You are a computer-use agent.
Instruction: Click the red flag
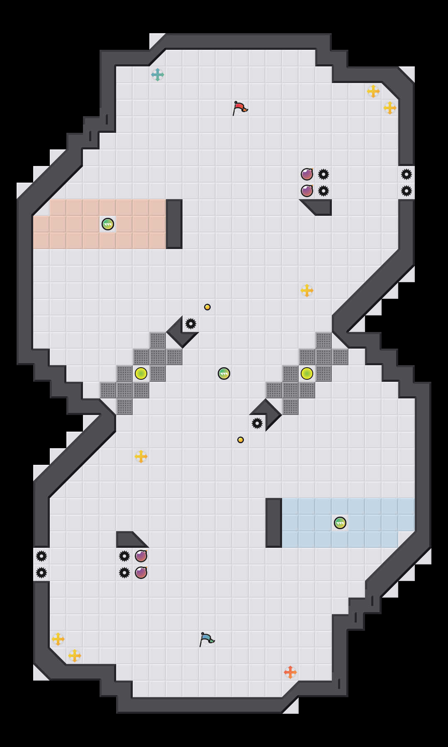(x=240, y=108)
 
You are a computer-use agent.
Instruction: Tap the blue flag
(x=207, y=639)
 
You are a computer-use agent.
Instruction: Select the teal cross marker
(x=158, y=75)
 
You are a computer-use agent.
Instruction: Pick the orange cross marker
(x=290, y=672)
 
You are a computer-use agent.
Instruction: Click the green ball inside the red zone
(x=108, y=224)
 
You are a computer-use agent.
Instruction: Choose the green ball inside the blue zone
(x=340, y=523)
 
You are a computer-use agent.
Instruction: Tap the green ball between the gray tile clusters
(x=224, y=373)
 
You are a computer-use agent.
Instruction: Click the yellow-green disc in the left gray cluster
(x=141, y=373)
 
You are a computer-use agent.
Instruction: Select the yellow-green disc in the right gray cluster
(x=307, y=373)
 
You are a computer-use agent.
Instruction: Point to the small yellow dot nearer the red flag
(x=207, y=307)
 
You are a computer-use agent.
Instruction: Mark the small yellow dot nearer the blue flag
(x=241, y=440)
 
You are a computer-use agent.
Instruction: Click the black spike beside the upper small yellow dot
(x=191, y=324)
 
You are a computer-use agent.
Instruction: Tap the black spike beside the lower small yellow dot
(x=257, y=423)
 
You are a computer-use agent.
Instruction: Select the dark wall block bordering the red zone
(x=174, y=224)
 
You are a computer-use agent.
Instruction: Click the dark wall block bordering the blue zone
(x=274, y=523)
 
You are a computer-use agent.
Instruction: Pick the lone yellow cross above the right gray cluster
(x=307, y=290)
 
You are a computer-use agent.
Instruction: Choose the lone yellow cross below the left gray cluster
(x=141, y=456)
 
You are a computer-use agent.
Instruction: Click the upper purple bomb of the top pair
(x=307, y=174)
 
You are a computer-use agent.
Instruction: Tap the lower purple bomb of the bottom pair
(x=141, y=573)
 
